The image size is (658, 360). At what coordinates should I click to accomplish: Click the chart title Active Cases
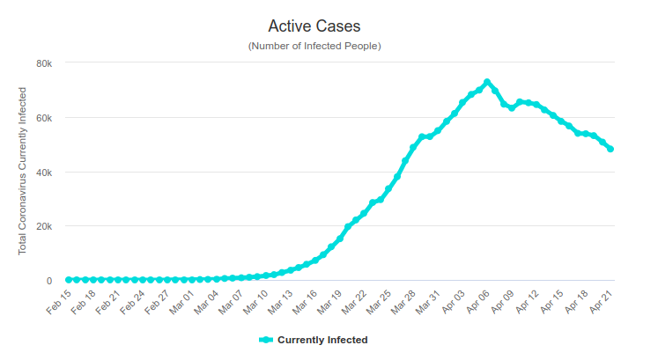click(x=314, y=26)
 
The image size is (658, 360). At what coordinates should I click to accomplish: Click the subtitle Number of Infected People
click(x=314, y=46)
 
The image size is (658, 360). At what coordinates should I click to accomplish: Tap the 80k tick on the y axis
click(x=44, y=63)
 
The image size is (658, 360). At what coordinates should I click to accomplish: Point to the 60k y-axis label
click(x=44, y=118)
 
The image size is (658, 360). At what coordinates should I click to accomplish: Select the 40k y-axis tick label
click(x=44, y=173)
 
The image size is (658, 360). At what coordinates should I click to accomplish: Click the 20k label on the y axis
click(x=44, y=227)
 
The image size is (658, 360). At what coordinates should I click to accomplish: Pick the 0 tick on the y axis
click(x=49, y=281)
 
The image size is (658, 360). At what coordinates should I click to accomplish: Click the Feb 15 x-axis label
click(x=59, y=303)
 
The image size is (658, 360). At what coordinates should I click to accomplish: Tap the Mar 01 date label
click(x=181, y=303)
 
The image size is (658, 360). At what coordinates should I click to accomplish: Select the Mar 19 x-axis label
click(x=329, y=303)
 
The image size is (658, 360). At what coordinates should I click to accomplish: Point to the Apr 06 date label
click(x=477, y=303)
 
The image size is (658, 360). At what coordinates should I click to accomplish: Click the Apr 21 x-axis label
click(x=601, y=303)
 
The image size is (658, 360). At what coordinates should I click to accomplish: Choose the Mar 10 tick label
click(x=255, y=303)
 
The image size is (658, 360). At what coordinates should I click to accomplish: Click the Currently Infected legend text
click(x=322, y=340)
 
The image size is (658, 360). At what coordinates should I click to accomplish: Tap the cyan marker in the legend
click(x=266, y=340)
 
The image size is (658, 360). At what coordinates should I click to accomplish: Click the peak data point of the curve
click(x=487, y=82)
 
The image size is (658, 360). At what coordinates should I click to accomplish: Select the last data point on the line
click(x=610, y=150)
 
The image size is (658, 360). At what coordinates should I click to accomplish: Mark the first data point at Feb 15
click(x=69, y=280)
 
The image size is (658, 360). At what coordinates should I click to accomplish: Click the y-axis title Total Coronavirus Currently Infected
click(x=22, y=171)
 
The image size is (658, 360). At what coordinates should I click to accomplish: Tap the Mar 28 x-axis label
click(x=403, y=303)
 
